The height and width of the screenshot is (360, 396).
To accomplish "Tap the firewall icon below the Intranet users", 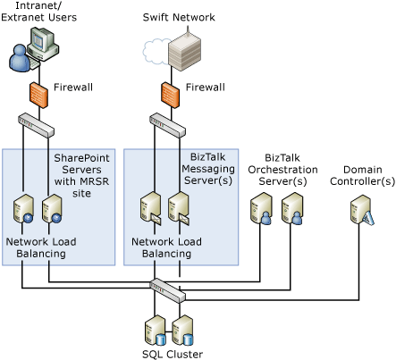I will (38, 93).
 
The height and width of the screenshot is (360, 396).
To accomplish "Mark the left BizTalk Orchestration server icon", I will (261, 211).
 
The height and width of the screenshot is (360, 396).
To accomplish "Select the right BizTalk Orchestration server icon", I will (291, 211).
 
